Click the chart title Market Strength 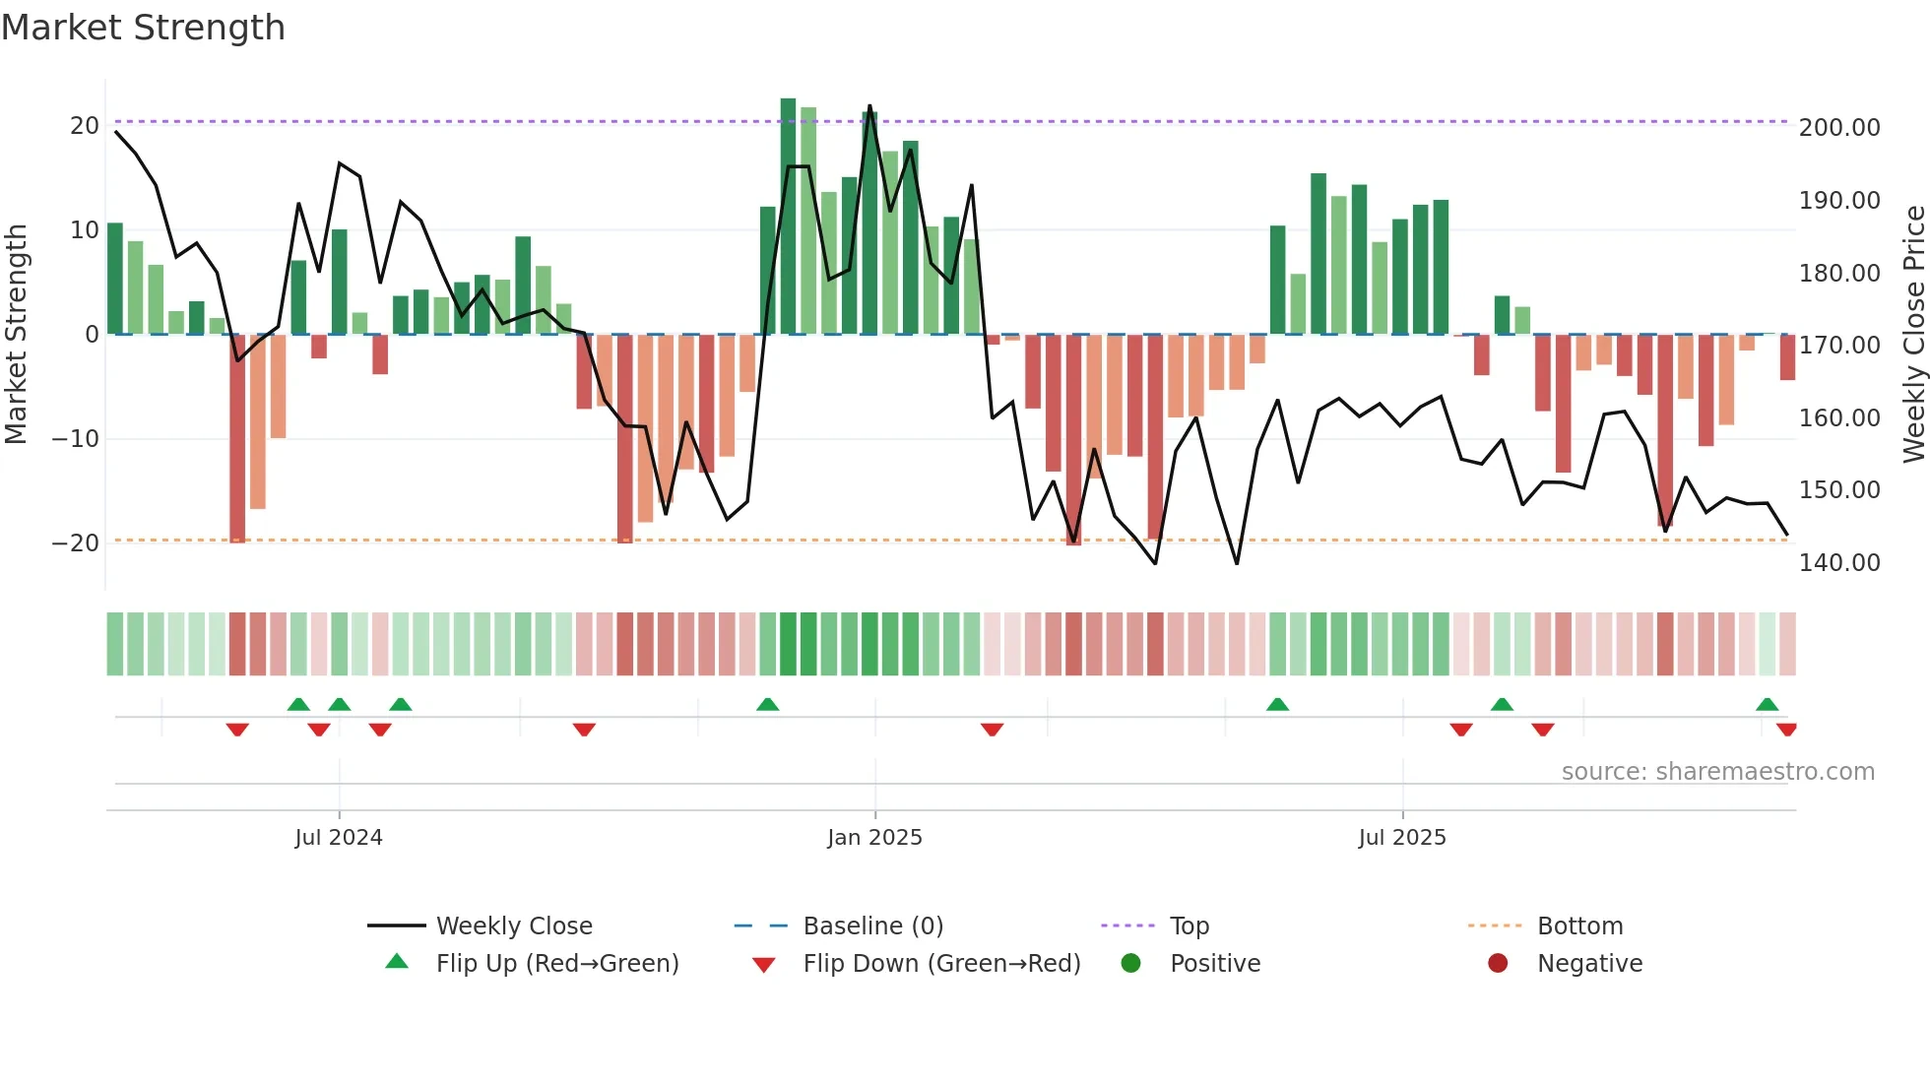(x=143, y=28)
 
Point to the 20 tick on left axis (x=85, y=126)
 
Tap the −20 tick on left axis (x=76, y=543)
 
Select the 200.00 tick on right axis (x=1839, y=128)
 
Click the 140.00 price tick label (x=1839, y=563)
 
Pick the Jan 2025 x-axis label (x=874, y=838)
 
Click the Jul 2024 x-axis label (x=339, y=838)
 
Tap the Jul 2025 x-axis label (x=1402, y=838)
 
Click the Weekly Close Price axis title (x=1913, y=335)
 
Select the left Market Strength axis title (x=17, y=335)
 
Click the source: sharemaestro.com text (x=1717, y=772)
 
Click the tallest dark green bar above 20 (x=788, y=217)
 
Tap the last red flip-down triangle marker (x=1786, y=730)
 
